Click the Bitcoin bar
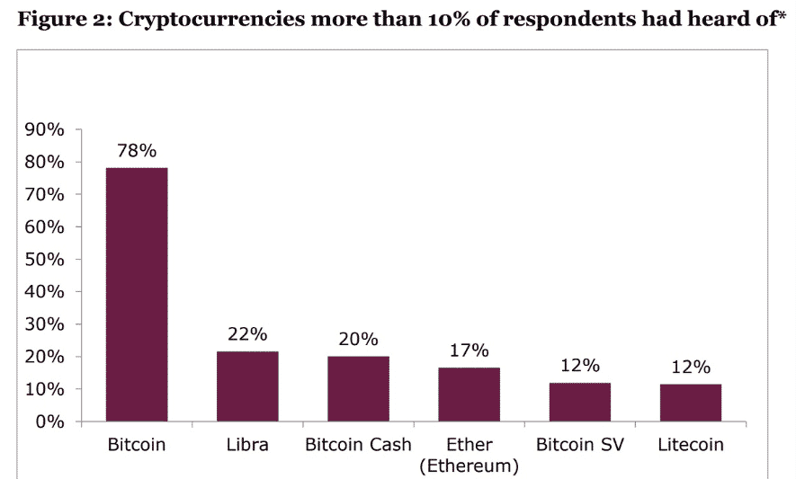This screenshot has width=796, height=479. pos(137,295)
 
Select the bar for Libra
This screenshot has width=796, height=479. pos(247,386)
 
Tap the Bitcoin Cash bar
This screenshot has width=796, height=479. pos(358,389)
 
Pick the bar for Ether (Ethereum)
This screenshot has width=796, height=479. pos(469,395)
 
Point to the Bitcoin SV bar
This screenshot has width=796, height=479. pos(579,403)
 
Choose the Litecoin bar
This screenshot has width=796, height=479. pos(690,403)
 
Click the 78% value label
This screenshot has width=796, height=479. pos(137,150)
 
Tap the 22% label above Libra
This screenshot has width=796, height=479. pos(247,334)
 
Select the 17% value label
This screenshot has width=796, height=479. pos(469,350)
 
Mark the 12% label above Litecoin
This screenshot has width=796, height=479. pos(690,367)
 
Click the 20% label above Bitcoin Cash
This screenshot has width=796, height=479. pos(358,340)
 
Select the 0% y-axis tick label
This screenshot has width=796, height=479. pos(50,421)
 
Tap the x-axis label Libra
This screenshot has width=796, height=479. pos(247,445)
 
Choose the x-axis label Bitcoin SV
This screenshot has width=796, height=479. pos(579,445)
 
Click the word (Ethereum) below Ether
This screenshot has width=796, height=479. pos(469,466)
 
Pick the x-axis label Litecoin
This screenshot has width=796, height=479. pos(690,445)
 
